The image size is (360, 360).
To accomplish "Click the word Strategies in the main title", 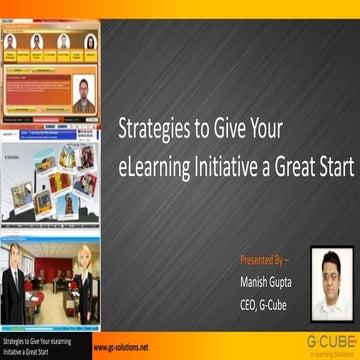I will tap(149, 129).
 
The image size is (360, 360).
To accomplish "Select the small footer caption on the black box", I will tap(40, 345).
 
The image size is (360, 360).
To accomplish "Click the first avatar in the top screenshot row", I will tap(15, 42).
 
